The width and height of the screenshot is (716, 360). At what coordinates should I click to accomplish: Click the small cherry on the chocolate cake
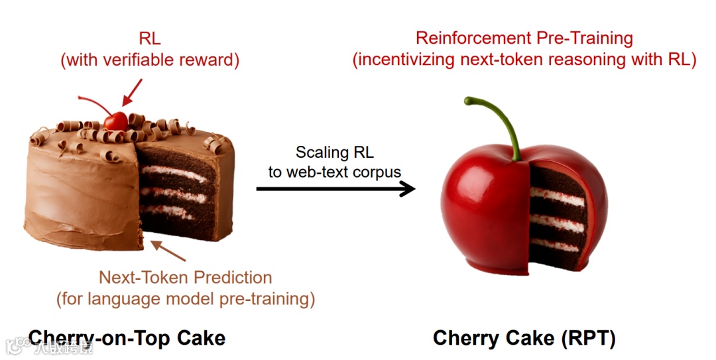click(116, 121)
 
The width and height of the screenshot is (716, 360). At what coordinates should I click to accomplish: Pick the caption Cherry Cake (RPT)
click(524, 339)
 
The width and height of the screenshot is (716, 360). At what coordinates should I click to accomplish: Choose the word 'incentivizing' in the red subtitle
click(406, 60)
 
